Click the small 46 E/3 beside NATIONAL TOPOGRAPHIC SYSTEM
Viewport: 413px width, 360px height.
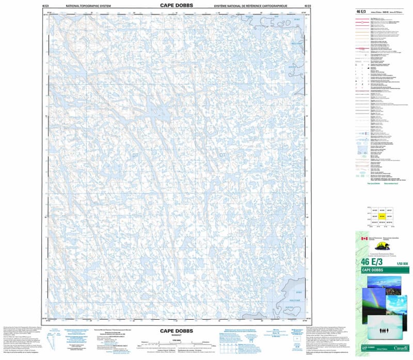coord(45,6)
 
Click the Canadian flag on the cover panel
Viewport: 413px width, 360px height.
coord(363,239)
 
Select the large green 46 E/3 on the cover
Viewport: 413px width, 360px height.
coord(370,263)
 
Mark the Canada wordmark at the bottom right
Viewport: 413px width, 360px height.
coord(401,349)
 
